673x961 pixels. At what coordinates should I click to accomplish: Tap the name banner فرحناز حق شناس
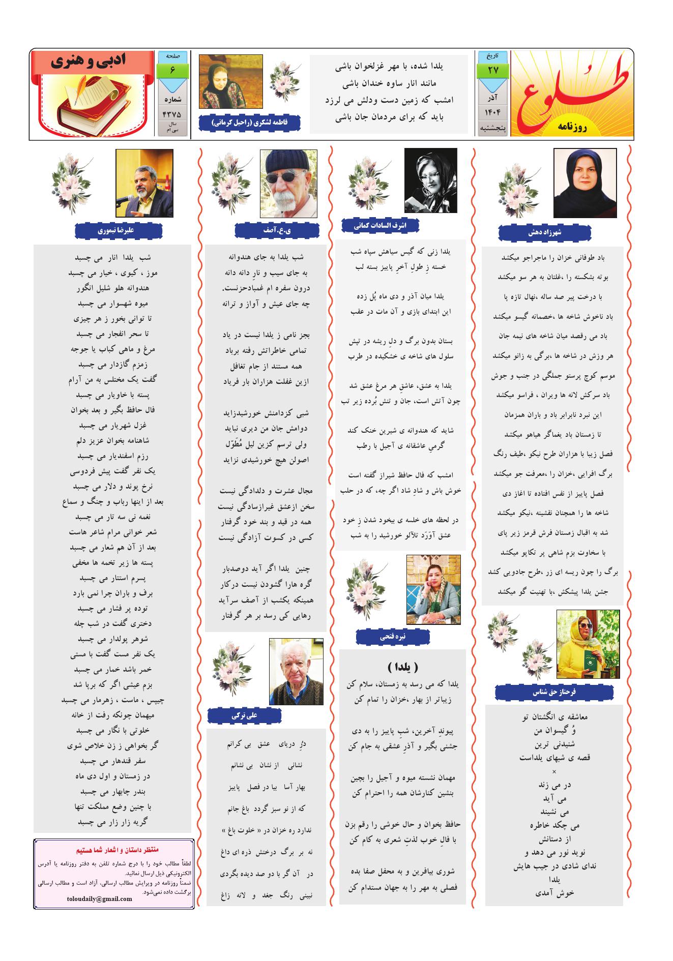pos(554,692)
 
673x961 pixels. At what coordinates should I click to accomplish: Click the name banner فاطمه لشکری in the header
pos(249,123)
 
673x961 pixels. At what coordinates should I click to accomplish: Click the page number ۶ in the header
pos(172,70)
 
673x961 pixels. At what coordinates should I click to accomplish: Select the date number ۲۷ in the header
pos(493,70)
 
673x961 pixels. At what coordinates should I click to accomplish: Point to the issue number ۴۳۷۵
pos(172,114)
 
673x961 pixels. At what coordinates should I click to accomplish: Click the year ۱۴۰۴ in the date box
pos(493,112)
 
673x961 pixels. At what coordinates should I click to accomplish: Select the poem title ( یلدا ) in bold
pos(402,667)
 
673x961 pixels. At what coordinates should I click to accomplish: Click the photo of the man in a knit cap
pos(288,183)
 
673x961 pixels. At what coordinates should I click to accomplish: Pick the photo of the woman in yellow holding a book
pos(588,644)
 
